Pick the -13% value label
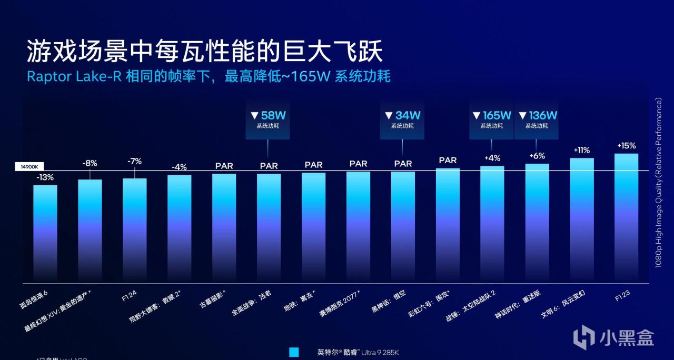click(45, 177)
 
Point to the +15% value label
click(626, 146)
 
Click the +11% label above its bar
click(581, 150)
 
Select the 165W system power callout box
click(491, 120)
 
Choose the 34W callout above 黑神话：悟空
click(402, 120)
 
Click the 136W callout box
click(537, 120)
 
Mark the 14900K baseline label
click(29, 166)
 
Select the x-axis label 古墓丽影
click(212, 298)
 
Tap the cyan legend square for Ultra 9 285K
click(294, 352)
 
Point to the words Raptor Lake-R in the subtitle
click(74, 76)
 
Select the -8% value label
click(90, 163)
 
